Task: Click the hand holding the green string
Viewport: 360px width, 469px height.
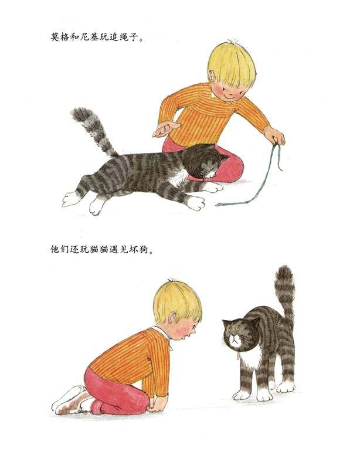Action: point(274,136)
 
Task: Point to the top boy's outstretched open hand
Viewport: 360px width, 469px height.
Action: point(166,128)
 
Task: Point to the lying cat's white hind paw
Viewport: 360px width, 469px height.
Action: point(73,199)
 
